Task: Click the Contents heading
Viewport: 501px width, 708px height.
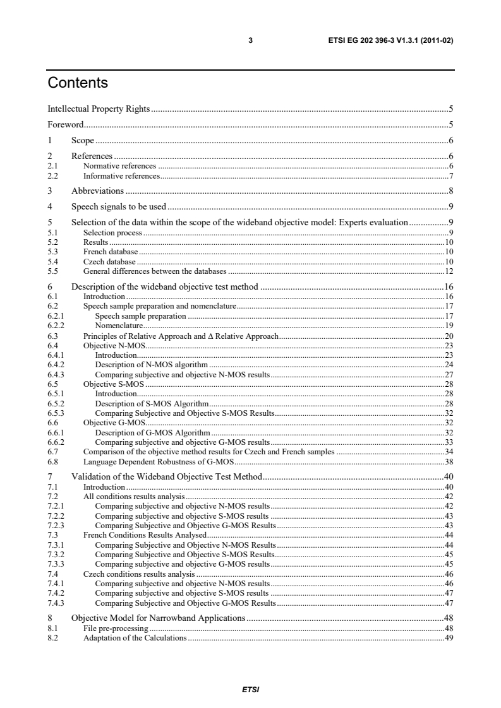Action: tap(78, 83)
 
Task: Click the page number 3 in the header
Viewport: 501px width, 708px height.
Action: tap(251, 41)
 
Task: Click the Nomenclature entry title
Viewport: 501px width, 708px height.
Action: tap(118, 326)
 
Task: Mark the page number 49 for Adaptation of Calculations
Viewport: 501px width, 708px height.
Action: tap(450, 638)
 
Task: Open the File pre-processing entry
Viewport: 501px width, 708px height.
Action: tap(116, 628)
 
